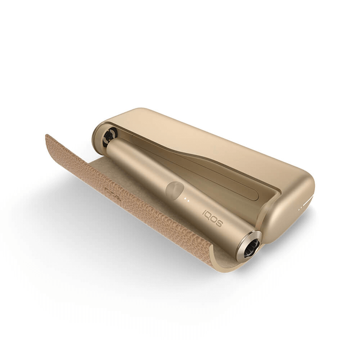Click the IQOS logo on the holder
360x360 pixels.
pyautogui.click(x=213, y=218)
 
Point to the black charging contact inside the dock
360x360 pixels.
pyautogui.click(x=110, y=136)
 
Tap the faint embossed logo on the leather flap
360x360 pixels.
pyautogui.click(x=113, y=192)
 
